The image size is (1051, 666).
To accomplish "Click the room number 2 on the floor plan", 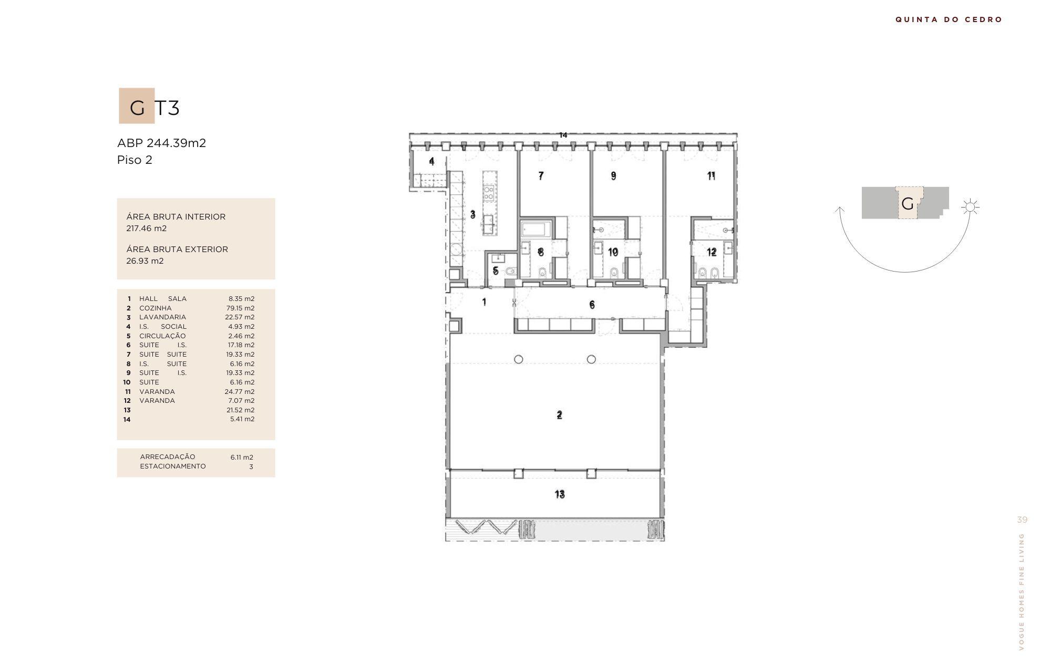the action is pos(559,415).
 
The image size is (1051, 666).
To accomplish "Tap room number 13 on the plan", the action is pos(560,494).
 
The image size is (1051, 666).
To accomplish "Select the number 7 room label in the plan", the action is pos(541,176).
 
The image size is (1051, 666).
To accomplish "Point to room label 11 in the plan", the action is pos(711,176).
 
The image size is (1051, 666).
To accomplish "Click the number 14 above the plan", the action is pos(563,135).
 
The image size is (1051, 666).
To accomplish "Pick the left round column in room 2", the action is pos(519,359).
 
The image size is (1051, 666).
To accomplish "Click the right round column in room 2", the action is pos(591,359).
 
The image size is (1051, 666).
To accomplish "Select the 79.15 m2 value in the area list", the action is pos(240,308).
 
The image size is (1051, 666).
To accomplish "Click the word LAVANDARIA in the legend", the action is pos(162,317).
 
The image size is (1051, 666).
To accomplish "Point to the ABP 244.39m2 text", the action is pos(161,143).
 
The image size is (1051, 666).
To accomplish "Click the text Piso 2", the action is pos(135,160).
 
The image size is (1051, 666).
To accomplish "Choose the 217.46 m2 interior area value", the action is pos(147,228).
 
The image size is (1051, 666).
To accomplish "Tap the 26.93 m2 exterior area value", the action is pos(145,261).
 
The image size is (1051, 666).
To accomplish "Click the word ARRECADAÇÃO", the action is pos(168,457).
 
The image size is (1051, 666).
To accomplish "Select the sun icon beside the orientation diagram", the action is pos(970,207).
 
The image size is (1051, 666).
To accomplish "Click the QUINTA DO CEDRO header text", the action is pos(949,19).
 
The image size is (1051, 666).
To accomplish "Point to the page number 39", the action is pos(1022,520).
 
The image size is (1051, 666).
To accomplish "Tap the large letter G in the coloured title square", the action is pos(137,108).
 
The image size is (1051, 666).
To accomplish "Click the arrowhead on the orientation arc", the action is pos(840,210).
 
